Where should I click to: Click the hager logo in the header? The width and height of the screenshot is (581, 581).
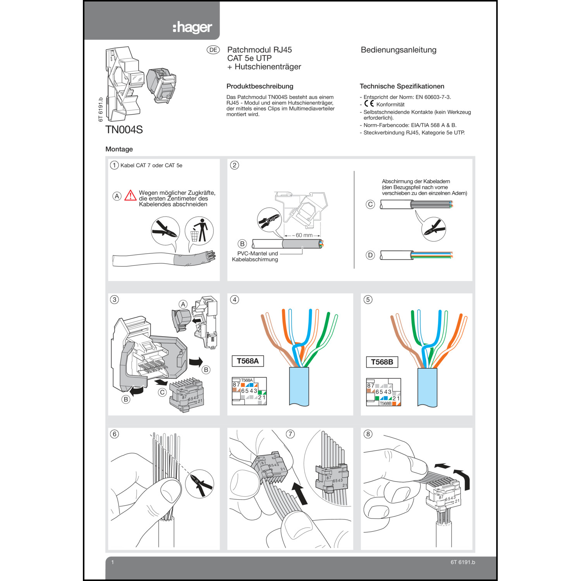[192, 28]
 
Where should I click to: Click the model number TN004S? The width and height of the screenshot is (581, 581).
[124, 130]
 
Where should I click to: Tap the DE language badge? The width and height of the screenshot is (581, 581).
[213, 50]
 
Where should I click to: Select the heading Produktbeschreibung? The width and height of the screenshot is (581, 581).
[260, 86]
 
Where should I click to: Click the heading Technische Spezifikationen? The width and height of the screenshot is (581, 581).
[402, 86]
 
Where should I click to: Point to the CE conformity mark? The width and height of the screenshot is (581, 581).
[369, 104]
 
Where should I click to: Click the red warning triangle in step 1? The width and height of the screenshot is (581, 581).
[131, 196]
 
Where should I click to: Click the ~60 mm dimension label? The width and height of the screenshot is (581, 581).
[303, 235]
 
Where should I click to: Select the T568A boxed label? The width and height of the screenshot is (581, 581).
[248, 361]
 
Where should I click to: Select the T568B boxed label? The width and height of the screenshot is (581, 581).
[382, 362]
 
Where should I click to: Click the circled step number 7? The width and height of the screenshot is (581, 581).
[290, 434]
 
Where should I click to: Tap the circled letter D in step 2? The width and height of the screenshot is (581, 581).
[370, 255]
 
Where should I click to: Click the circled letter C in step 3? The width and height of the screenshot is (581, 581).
[162, 392]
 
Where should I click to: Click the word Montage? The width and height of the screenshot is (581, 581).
[119, 149]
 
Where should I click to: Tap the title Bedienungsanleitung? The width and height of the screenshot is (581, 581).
[398, 50]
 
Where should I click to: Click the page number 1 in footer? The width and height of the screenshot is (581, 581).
[113, 562]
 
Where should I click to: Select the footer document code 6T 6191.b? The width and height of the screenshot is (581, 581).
[462, 562]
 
